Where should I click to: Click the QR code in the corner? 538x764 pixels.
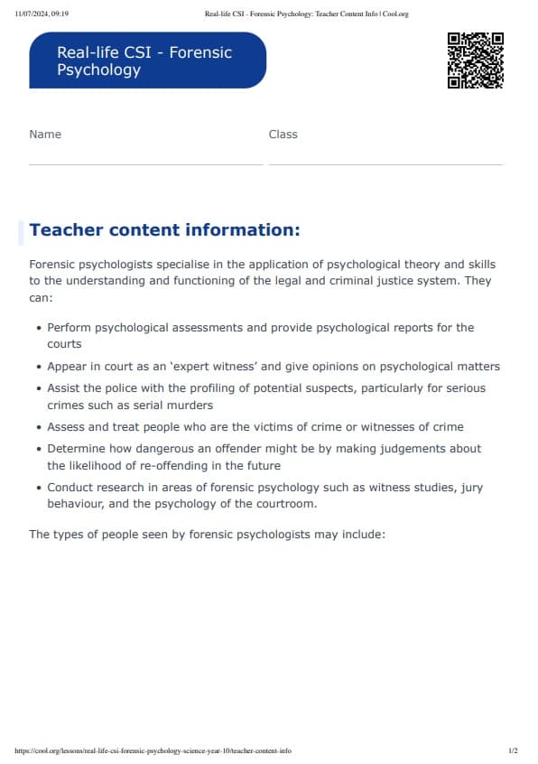click(475, 61)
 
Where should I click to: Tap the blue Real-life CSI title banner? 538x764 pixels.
click(147, 61)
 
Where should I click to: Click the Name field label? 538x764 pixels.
click(45, 135)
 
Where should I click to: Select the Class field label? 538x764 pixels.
click(283, 135)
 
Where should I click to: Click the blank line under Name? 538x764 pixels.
click(145, 164)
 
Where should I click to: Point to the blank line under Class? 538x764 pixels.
click(385, 164)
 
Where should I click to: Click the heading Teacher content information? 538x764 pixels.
click(164, 230)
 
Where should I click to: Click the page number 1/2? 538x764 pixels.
click(513, 751)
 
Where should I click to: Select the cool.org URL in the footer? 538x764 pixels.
click(153, 751)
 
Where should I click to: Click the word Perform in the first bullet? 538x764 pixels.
click(70, 328)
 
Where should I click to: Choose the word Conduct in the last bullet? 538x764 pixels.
click(71, 488)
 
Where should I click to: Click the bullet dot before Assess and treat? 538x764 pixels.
click(37, 427)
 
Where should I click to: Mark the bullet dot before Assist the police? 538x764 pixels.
click(37, 388)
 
